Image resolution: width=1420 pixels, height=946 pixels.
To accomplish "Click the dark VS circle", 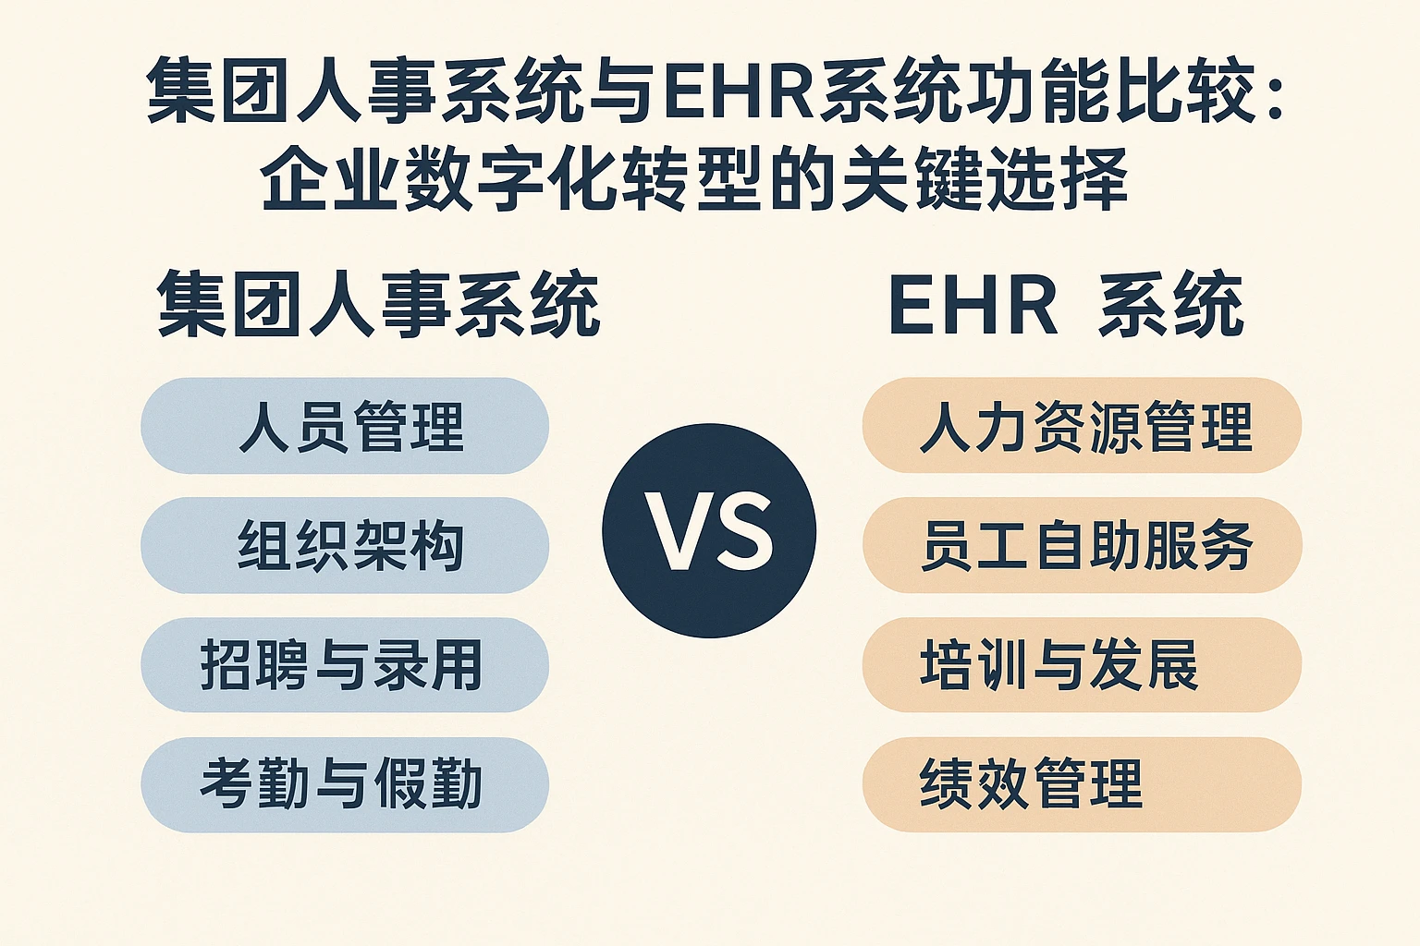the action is (x=709, y=530).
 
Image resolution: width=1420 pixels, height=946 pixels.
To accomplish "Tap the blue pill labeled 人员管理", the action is (x=345, y=426).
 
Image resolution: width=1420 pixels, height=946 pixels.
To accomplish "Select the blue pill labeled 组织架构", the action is (x=345, y=546).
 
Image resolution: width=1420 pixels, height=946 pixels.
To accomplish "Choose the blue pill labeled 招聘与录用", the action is (x=345, y=664).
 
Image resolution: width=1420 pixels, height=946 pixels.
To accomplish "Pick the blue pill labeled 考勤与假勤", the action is (x=345, y=784).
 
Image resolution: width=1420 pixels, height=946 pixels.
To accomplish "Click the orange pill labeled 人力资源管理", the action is (x=1083, y=425).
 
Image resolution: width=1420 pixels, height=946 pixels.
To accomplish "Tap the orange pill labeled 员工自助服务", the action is (x=1083, y=545).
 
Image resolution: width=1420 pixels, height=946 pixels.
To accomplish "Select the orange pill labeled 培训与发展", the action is (x=1083, y=664).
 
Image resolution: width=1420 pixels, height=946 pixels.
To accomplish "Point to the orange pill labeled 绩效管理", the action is (x=1083, y=784).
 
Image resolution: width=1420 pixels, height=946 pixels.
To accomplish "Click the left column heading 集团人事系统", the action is (x=378, y=304).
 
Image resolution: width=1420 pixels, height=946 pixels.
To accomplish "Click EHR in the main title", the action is (x=739, y=91).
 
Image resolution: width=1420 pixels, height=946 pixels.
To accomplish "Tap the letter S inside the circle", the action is (x=742, y=531).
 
